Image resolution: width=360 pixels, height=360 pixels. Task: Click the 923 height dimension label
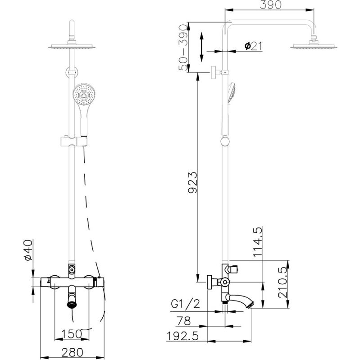(192, 182)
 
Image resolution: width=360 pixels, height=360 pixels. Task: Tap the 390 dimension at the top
(270, 5)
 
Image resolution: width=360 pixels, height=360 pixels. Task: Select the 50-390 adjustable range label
(183, 47)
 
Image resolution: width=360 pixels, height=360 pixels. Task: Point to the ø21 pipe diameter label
(253, 46)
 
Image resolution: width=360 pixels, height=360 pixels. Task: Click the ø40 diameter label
(28, 250)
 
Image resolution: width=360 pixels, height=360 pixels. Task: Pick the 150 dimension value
(72, 334)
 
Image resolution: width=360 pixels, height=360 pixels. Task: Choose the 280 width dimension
(73, 352)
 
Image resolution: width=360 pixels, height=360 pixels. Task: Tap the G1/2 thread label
(186, 304)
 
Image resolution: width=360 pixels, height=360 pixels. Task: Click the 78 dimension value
(183, 321)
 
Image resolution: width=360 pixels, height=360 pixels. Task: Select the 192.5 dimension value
(182, 336)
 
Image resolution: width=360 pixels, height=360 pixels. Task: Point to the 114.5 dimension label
(257, 242)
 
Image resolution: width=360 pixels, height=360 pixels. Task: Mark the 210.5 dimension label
(283, 283)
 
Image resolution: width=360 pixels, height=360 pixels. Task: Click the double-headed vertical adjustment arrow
(201, 47)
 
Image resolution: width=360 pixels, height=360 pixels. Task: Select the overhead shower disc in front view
(72, 46)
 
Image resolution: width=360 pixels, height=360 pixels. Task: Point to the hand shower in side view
(231, 93)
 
